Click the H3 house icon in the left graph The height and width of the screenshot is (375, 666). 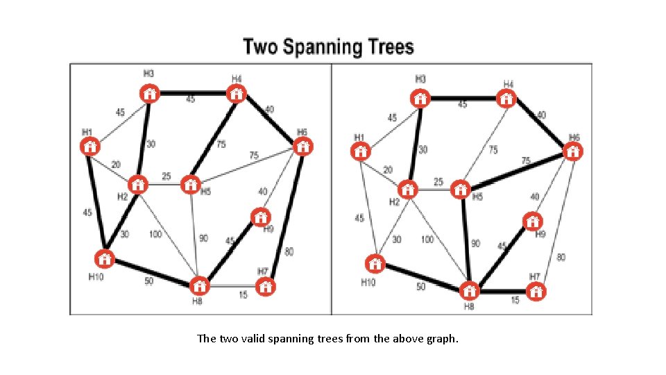tap(149, 94)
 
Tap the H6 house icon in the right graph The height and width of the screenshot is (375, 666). tap(572, 151)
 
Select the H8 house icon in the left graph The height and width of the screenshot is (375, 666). tap(199, 285)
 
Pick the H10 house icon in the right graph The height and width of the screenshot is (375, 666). tap(375, 265)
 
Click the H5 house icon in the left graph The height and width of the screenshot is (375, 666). tap(190, 185)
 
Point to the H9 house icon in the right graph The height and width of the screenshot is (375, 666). tap(531, 222)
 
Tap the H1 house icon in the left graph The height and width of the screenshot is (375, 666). tap(89, 147)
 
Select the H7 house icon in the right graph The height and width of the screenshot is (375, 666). tap(535, 291)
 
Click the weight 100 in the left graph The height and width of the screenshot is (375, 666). tap(155, 235)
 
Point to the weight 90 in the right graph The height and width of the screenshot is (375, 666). tap(475, 244)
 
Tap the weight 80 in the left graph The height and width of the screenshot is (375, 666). tap(289, 251)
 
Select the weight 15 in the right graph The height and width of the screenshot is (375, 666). tap(515, 300)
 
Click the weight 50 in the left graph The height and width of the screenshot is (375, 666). tap(148, 281)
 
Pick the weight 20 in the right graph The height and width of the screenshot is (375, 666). tap(388, 169)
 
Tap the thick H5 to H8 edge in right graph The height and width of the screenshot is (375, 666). tap(466, 240)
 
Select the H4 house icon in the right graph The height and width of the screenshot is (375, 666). tap(507, 98)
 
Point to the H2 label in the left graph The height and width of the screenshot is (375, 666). tap(122, 197)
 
